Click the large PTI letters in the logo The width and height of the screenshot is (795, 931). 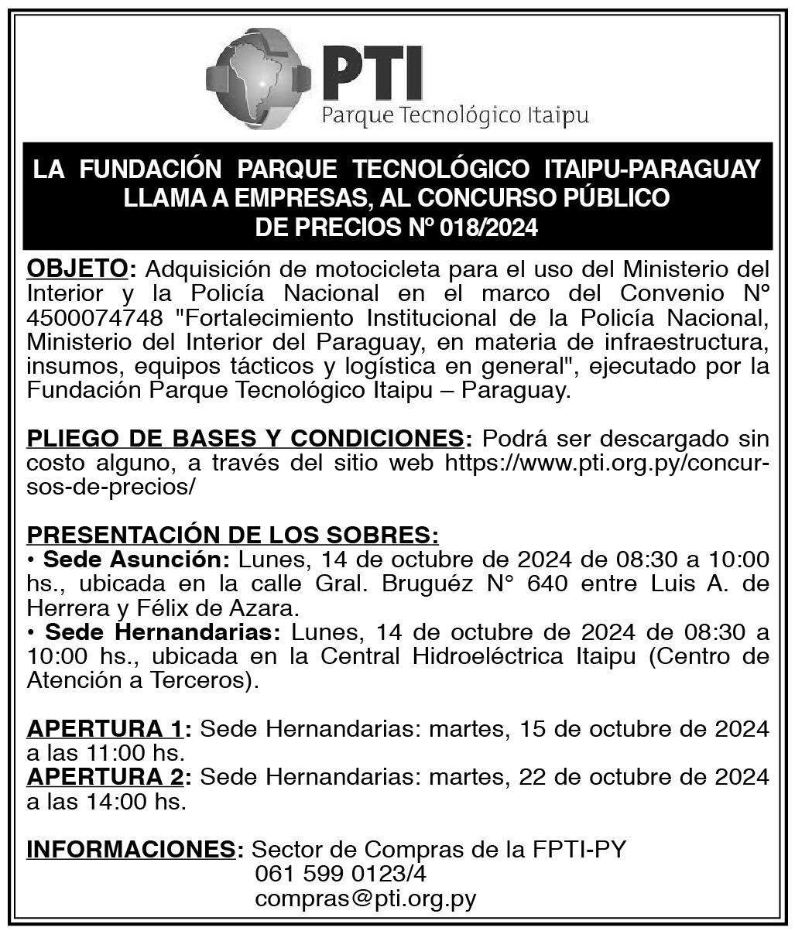[372, 71]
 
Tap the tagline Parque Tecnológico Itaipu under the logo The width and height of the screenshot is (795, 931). [454, 116]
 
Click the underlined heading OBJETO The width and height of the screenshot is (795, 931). [77, 269]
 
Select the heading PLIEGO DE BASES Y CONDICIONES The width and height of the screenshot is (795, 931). [245, 439]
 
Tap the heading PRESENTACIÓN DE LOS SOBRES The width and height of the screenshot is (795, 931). [233, 535]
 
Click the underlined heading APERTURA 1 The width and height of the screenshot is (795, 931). [105, 729]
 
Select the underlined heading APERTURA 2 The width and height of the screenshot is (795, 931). [105, 777]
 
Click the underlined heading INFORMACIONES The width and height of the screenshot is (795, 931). [130, 850]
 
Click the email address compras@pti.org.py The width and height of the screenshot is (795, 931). [365, 899]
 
